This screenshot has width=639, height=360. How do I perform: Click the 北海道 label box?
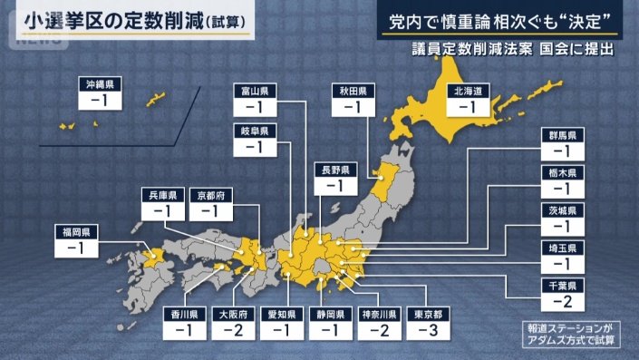point(467,92)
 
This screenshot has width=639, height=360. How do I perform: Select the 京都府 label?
point(217,195)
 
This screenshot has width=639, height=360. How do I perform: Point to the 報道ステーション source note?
point(568,327)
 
